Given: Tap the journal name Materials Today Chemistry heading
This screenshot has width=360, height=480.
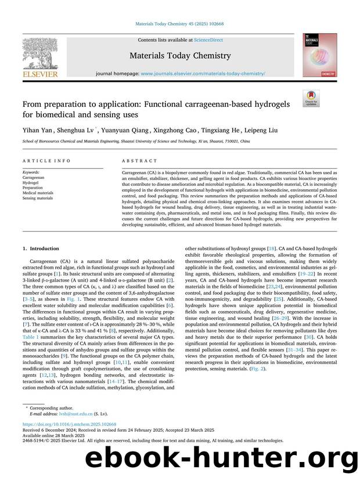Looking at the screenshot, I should point(179,56).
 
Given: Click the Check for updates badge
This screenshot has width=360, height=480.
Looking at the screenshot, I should point(311,99).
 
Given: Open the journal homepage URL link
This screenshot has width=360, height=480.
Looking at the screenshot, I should point(203,74).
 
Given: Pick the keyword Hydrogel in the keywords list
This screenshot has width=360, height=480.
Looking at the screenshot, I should point(31,183).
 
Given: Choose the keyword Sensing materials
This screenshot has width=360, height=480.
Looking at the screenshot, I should point(38,198).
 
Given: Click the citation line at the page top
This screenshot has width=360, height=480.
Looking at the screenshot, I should point(179,24).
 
